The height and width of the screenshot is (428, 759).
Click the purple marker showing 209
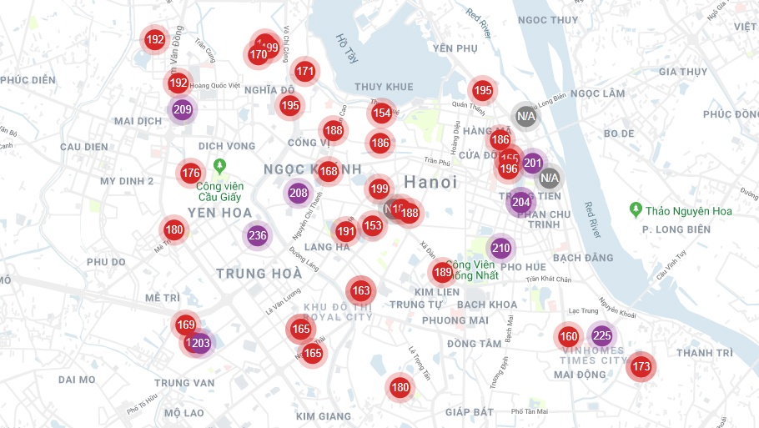pos(182,109)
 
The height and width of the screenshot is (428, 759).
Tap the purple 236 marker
pos(257,235)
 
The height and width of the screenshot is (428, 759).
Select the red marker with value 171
pos(305,72)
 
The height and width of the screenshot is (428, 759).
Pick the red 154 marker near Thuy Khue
pos(381,113)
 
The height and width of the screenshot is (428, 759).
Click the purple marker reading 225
pos(601,336)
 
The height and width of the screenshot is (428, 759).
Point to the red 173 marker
pos(641,366)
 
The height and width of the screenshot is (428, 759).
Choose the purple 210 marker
pos(500,248)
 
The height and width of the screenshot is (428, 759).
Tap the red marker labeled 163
pos(360,291)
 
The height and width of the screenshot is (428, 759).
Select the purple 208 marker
pos(298,194)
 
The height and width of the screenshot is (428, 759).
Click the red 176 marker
pos(190,174)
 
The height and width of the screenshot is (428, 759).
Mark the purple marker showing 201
pos(533,163)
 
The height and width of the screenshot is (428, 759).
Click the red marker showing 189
pos(442,272)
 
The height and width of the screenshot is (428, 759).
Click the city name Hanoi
pos(430,182)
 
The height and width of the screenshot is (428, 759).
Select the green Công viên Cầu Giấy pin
pos(219,166)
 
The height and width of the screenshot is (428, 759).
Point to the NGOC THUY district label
pos(547,20)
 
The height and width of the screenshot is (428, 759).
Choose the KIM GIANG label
pos(323,415)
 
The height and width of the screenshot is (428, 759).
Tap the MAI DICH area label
pos(138,121)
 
